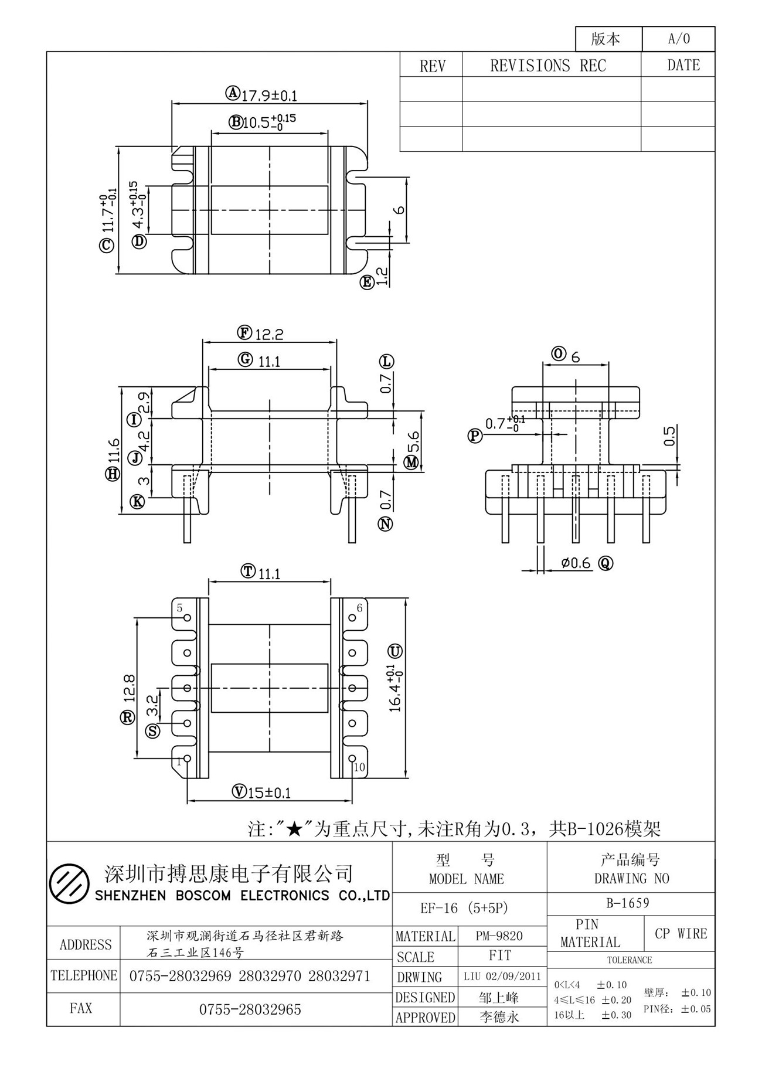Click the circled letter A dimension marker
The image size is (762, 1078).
[x=233, y=93]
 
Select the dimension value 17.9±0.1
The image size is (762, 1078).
[x=270, y=96]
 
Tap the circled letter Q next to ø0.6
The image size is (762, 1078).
[x=605, y=563]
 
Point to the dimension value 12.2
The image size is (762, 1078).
[x=270, y=334]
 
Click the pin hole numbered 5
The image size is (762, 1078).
[x=188, y=618]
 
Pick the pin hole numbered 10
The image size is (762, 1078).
[x=352, y=759]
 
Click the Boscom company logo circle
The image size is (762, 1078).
[x=69, y=883]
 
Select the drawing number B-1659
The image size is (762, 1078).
[x=628, y=903]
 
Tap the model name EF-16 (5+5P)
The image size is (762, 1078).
[x=464, y=908]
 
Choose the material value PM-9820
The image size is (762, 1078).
[x=499, y=936]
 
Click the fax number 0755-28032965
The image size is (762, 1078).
[x=250, y=1009]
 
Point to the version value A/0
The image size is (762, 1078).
[x=679, y=39]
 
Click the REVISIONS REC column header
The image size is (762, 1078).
[x=548, y=65]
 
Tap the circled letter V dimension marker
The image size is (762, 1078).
[x=239, y=792]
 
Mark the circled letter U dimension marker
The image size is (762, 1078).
[x=395, y=651]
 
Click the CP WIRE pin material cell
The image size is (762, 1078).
[x=681, y=934]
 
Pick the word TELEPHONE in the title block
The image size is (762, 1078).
[x=84, y=975]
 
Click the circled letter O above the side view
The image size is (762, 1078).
[x=559, y=353]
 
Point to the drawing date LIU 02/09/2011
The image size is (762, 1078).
[x=502, y=977]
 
